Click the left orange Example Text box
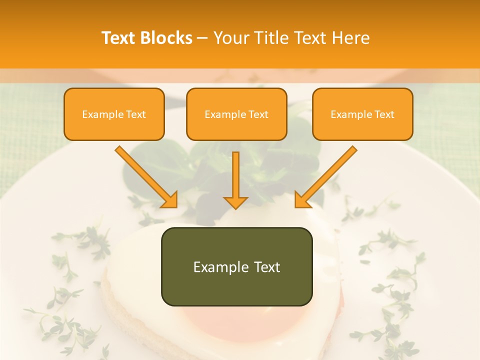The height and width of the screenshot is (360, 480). coord(114,114)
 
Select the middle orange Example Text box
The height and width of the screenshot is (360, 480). coord(236,114)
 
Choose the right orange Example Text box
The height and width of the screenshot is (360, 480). coord(362,114)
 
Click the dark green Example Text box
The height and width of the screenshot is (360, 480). coord(236,266)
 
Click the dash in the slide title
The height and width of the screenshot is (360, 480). coord(203,38)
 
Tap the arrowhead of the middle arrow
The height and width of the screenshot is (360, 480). coord(235,201)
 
